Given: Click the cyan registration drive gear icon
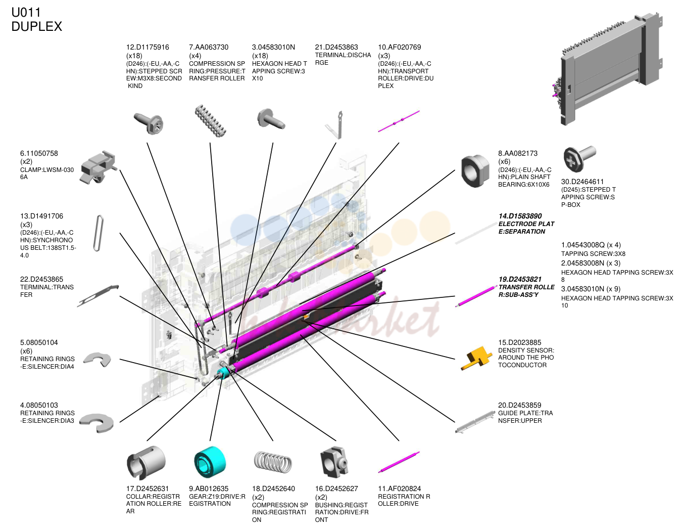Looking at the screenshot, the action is click(x=210, y=462).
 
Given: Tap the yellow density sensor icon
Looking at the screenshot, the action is click(x=476, y=359).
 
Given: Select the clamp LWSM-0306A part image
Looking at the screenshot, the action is click(x=99, y=167).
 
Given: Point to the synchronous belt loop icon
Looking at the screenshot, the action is click(x=99, y=233).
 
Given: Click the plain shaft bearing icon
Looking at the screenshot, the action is click(x=475, y=171).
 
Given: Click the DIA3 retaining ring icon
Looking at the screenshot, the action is click(x=96, y=423).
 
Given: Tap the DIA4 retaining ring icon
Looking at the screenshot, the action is click(x=99, y=359).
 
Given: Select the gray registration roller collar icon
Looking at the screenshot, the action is click(x=146, y=462).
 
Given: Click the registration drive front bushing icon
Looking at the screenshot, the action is click(x=334, y=462).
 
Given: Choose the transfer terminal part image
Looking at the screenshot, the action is click(x=98, y=296).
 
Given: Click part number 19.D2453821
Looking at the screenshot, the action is click(x=520, y=279).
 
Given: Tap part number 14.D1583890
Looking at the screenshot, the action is click(x=520, y=216).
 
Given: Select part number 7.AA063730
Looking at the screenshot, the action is click(x=209, y=47).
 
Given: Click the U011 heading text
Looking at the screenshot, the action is click(x=26, y=13).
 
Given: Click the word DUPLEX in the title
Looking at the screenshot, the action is click(x=37, y=26).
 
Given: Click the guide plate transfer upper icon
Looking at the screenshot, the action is click(x=475, y=422).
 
